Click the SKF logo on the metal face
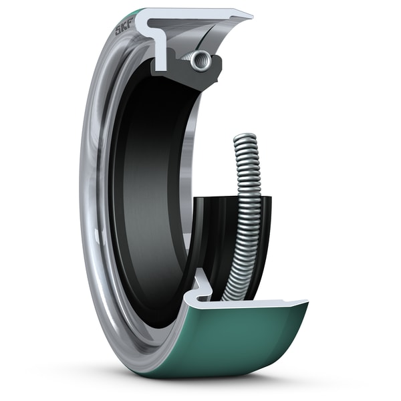pos(124,27)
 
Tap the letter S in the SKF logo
pos(118,30)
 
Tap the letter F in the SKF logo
pos(130,25)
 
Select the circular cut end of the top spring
pos(200,60)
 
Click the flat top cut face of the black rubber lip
pos(227,198)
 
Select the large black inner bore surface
pos(147,187)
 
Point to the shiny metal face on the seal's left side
pos(94,200)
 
